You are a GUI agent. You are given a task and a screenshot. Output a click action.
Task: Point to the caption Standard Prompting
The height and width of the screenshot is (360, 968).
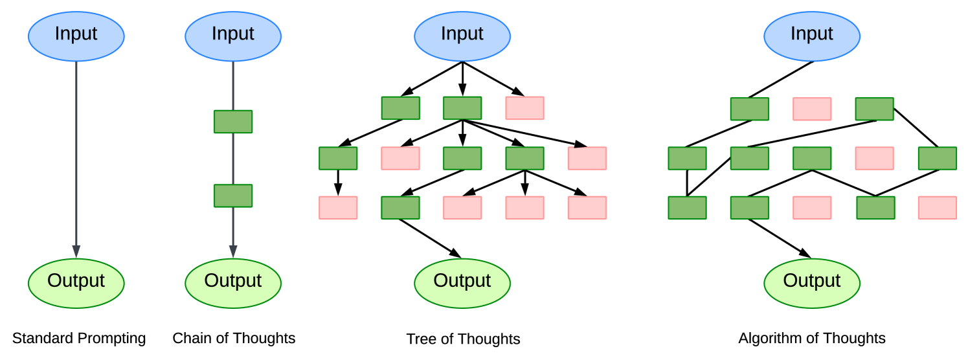79,338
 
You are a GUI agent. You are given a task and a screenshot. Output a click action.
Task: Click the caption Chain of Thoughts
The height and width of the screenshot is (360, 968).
234,338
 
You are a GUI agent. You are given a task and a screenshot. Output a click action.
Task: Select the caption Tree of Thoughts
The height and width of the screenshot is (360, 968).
463,339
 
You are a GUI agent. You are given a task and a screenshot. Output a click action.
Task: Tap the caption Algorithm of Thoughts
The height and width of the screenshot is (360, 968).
812,338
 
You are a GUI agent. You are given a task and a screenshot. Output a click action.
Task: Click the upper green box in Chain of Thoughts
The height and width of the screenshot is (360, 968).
233,122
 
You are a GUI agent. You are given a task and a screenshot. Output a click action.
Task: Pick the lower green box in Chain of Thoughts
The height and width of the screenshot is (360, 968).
233,196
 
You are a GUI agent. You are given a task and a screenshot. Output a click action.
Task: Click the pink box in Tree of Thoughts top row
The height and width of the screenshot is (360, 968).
524,108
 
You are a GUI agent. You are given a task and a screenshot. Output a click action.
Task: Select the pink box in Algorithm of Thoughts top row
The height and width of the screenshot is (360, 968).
812,109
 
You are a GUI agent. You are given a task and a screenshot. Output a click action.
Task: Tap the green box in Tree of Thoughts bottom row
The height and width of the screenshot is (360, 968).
400,208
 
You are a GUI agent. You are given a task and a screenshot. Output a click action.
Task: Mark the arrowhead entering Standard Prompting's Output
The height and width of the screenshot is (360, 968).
76,251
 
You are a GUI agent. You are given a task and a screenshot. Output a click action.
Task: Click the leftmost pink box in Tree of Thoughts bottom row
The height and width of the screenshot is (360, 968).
338,208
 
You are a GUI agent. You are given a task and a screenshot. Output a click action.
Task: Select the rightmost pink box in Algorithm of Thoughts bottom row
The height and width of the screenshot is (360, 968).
937,208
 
